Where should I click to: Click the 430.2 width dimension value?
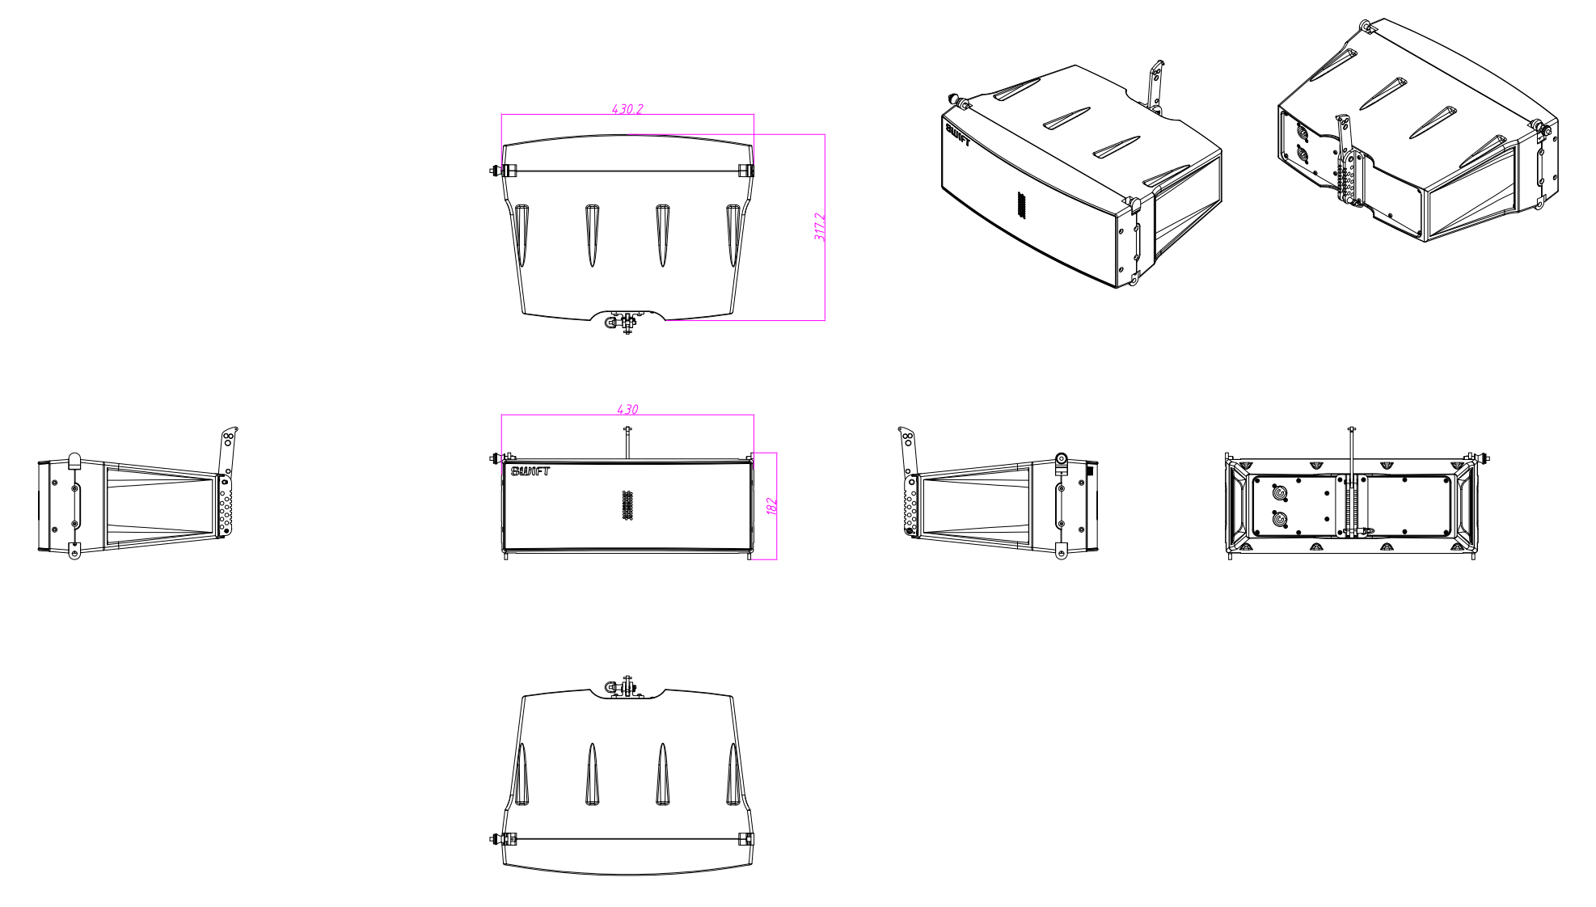coord(627,108)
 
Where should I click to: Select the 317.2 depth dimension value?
coord(819,226)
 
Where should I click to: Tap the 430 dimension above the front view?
coord(627,409)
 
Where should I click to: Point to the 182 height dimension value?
coord(771,506)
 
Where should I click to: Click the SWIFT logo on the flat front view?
coord(530,471)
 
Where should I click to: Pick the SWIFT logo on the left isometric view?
coord(957,134)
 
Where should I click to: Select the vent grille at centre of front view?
coord(627,505)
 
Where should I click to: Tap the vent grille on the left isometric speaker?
coord(1020,205)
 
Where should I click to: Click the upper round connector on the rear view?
coord(1279,492)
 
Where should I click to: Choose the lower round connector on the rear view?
coord(1279,519)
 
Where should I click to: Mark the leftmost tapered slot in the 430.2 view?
coord(521,235)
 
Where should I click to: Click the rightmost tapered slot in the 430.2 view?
coord(733,235)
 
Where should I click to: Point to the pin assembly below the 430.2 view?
coord(623,323)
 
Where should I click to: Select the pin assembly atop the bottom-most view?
coord(623,687)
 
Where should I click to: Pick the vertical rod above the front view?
coord(627,442)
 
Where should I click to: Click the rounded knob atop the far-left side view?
coord(74,461)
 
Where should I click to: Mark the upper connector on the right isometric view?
coord(1302,132)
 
